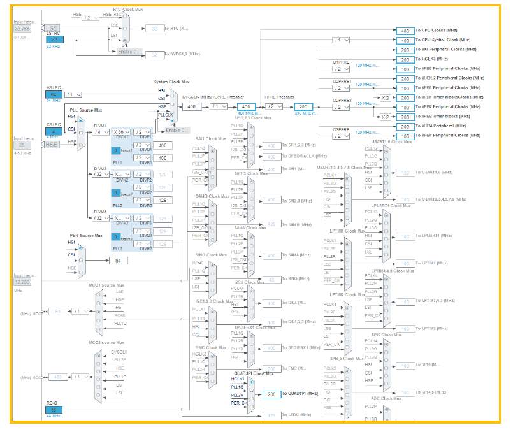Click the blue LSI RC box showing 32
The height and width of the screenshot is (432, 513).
[54, 40]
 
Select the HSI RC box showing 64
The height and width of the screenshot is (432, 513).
[54, 94]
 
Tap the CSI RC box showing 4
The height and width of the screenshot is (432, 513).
[54, 132]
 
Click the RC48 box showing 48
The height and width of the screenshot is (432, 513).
[54, 409]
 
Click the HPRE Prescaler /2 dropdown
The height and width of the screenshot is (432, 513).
[274, 106]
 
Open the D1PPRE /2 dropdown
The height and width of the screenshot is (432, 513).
[342, 68]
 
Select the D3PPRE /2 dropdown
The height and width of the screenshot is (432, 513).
[342, 135]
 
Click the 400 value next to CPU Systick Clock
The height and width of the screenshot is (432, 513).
[405, 40]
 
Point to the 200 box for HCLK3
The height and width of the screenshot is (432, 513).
[405, 59]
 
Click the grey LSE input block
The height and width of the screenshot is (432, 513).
[52, 28]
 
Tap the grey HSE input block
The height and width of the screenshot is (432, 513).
[52, 145]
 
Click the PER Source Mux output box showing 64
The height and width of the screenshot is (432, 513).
[118, 261]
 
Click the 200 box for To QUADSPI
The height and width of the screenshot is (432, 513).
[271, 394]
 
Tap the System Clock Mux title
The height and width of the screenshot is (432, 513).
[172, 82]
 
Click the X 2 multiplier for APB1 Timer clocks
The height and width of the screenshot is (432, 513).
[385, 97]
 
